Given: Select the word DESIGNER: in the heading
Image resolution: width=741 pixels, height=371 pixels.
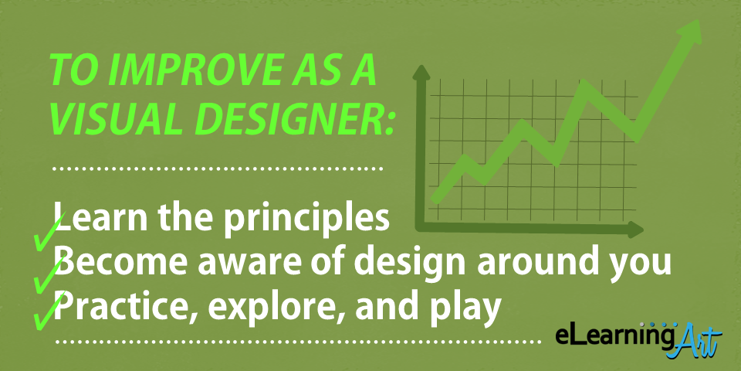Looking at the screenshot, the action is coord(293,120).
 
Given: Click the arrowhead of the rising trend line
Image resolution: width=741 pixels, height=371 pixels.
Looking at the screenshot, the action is coord(689,36).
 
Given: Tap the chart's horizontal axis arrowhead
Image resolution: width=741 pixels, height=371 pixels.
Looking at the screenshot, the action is coord(635,230).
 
